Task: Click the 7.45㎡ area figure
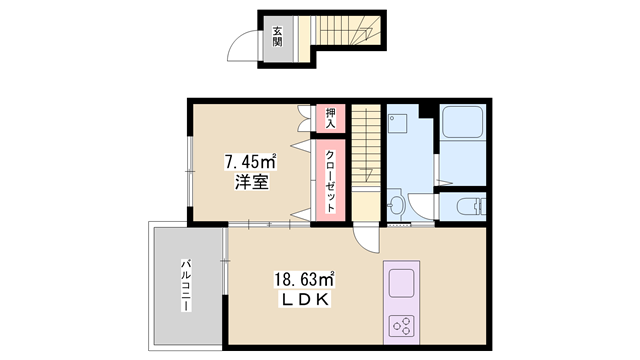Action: [x=250, y=162]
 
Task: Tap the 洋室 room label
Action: [x=250, y=183]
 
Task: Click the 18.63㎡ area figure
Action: [x=304, y=280]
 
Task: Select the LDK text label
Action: [x=304, y=300]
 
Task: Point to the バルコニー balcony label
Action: [x=186, y=285]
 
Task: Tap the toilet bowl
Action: [x=468, y=208]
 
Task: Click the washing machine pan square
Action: [x=401, y=125]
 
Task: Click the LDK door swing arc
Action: [x=366, y=239]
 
